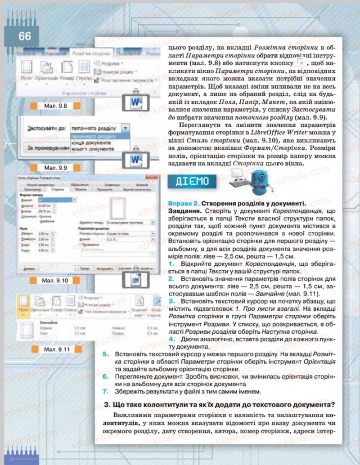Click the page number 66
pyautogui.click(x=25, y=36)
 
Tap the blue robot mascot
pyautogui.click(x=265, y=181)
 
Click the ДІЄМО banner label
pyautogui.click(x=191, y=182)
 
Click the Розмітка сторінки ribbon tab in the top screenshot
pyautogui.click(x=88, y=53)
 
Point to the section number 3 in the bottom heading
pyautogui.click(x=107, y=403)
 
